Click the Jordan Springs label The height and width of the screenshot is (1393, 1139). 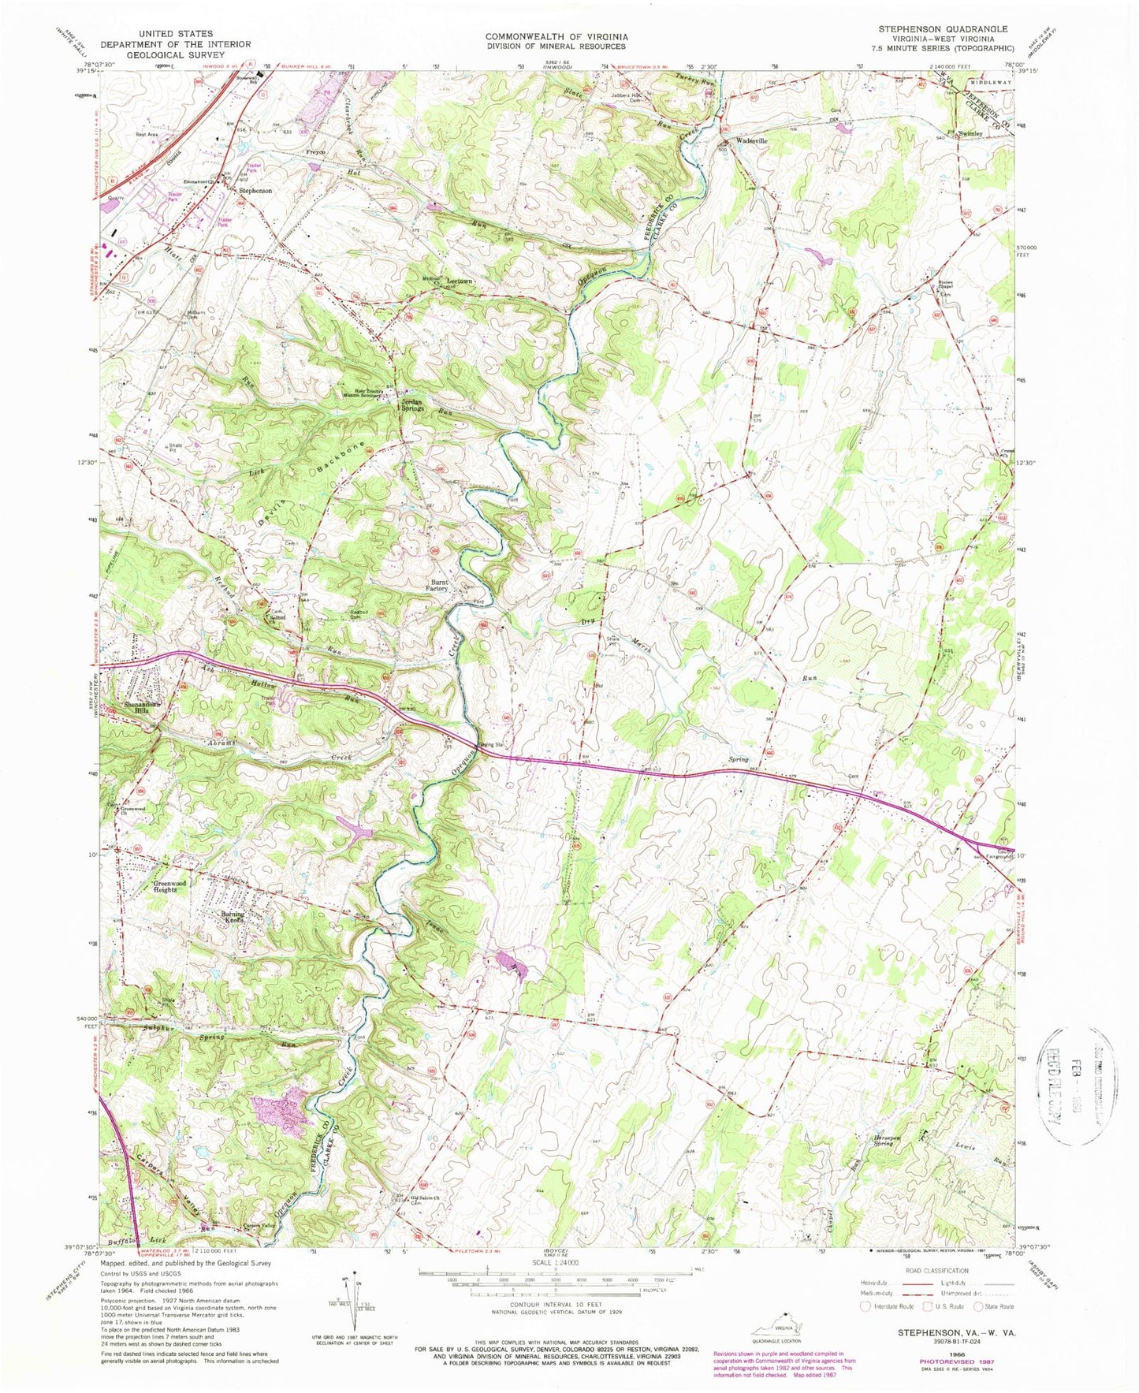410,404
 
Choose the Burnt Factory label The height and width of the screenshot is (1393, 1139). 437,584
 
